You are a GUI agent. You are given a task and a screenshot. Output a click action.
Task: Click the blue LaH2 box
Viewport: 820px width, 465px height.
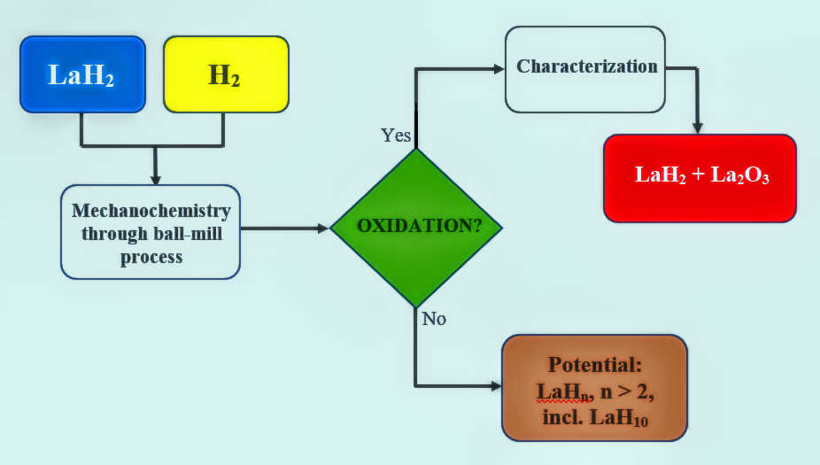[82, 74]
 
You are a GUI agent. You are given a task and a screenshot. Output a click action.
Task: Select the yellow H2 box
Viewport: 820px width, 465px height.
[226, 74]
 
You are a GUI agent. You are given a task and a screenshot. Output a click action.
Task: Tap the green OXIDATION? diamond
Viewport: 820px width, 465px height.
[416, 228]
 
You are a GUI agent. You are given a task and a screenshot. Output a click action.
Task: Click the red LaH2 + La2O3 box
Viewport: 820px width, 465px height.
[700, 178]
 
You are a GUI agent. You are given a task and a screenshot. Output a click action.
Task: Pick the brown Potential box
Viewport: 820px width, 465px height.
[594, 388]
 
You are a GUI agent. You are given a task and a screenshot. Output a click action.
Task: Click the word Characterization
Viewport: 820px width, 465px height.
[587, 66]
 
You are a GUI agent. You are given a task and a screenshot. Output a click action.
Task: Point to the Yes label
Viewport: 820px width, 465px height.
[396, 136]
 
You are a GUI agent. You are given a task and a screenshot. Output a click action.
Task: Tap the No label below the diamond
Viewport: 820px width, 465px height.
[434, 319]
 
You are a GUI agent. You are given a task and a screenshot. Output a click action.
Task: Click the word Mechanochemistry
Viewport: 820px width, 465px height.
[151, 211]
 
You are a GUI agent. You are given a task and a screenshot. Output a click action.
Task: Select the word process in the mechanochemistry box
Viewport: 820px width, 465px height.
[151, 258]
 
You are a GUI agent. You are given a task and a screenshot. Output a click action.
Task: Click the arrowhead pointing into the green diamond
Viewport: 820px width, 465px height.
[323, 228]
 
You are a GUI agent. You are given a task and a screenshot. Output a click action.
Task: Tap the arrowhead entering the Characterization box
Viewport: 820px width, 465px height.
[499, 68]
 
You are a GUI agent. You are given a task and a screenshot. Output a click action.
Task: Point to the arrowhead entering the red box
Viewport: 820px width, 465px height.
[697, 128]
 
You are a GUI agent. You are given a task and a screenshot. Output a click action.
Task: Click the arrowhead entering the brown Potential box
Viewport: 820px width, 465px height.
[496, 386]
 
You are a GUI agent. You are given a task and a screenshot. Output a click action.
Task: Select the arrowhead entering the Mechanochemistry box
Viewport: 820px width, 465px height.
[155, 179]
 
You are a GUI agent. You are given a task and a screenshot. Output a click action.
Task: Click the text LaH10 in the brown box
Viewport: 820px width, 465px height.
[619, 418]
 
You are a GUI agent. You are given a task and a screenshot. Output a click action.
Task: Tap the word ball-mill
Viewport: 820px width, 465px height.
[187, 234]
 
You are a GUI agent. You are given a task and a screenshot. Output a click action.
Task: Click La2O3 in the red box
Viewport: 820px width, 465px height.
[740, 175]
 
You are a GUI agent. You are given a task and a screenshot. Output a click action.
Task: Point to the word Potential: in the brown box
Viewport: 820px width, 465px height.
[594, 365]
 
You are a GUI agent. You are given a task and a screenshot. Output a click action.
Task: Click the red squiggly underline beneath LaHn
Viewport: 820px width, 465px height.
[563, 402]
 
